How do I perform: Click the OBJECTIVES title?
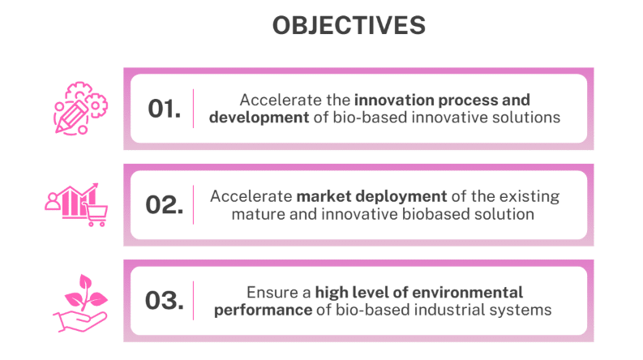coord(349,26)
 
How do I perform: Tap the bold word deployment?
coord(402,196)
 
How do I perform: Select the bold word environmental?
coord(472,292)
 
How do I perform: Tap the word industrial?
coord(452,310)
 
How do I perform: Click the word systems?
coord(524,310)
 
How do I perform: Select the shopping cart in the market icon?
coord(95,213)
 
